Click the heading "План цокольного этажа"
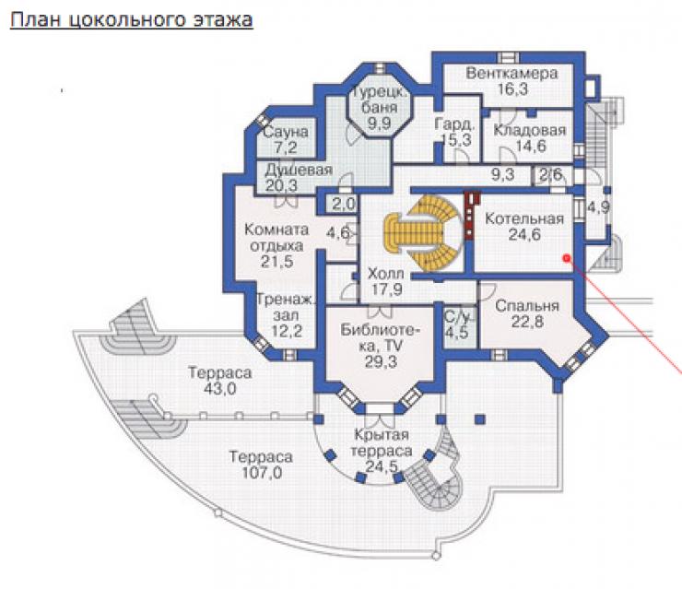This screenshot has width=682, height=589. tap(132, 20)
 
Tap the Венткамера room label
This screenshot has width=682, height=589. tap(511, 73)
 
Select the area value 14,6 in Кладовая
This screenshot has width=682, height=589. tap(530, 146)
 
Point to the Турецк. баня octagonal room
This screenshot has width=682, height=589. tap(380, 106)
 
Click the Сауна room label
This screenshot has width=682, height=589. tap(286, 132)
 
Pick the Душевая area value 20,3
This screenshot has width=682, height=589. tap(281, 186)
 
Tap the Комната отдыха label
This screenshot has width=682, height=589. tap(276, 237)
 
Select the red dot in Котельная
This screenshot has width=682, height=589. tap(566, 258)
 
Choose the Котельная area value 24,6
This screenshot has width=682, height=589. tap(524, 235)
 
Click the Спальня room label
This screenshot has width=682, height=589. tap(527, 306)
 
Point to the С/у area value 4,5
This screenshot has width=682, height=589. tap(457, 333)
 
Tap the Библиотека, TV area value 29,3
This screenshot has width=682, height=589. tap(381, 361)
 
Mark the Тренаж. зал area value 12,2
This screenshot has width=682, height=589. tap(287, 332)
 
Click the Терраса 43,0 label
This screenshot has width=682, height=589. tap(219, 380)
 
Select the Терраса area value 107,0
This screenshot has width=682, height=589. tap(262, 473)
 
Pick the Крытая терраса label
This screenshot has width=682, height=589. tap(382, 442)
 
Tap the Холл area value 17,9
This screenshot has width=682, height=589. tap(386, 289)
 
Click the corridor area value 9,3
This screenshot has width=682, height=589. tap(503, 175)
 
